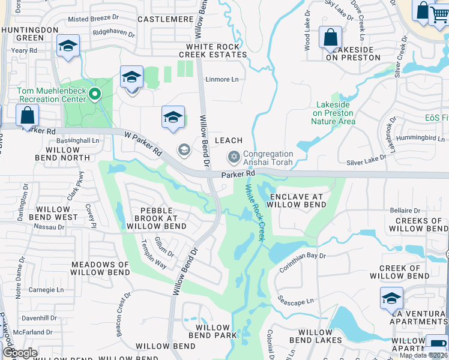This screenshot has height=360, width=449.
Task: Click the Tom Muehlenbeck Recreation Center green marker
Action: (x=94, y=94)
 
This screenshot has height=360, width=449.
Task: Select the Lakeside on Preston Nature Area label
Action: (x=333, y=113)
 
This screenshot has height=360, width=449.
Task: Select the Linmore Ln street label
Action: (x=222, y=79)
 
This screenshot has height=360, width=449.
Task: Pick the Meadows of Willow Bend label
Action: (x=100, y=268)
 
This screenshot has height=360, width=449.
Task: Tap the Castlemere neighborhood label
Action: (x=166, y=19)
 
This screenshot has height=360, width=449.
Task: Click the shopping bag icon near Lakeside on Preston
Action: (x=330, y=37)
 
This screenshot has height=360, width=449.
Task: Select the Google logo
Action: (x=20, y=353)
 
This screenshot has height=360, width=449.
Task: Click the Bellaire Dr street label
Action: (x=405, y=211)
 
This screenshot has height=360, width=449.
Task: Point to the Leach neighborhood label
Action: (x=229, y=140)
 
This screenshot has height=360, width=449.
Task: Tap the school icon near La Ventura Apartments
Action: (x=391, y=298)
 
